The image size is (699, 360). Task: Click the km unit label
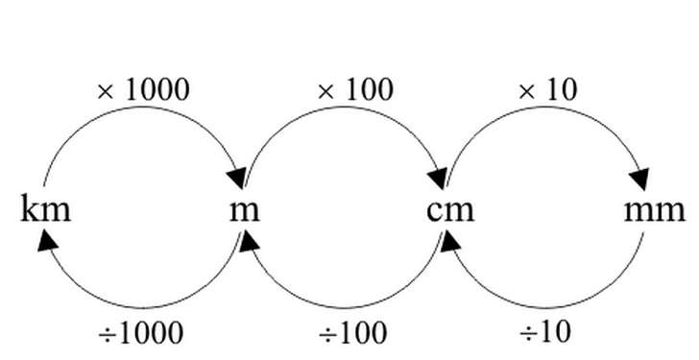tap(46, 208)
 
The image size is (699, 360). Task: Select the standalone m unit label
tap(244, 211)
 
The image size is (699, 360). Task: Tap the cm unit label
tap(450, 211)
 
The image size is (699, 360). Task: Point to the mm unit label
tap(655, 211)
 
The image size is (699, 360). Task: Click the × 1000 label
tap(143, 89)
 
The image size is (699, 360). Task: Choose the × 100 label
tap(355, 89)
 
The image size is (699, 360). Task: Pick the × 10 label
tap(548, 89)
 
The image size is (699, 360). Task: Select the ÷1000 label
tap(141, 333)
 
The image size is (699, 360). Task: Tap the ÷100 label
tap(353, 333)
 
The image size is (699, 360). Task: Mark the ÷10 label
tap(544, 333)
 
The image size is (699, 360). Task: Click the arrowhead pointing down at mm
tap(640, 180)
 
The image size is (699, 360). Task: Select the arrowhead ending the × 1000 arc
tap(237, 179)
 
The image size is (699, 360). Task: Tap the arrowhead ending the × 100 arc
tap(437, 179)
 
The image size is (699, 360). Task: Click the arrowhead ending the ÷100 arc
tap(250, 241)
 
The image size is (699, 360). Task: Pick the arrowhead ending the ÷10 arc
tap(450, 241)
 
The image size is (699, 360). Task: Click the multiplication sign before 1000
tap(106, 92)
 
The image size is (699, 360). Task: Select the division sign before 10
tap(528, 334)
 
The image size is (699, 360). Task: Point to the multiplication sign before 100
tap(326, 92)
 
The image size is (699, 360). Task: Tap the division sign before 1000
tap(107, 334)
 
